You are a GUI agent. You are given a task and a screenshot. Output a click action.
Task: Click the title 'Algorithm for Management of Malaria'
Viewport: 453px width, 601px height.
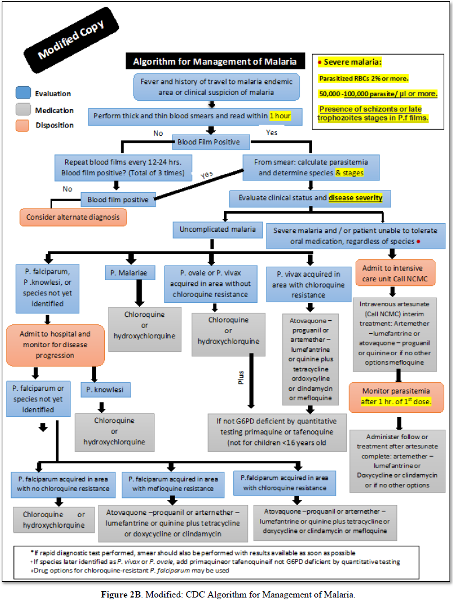(x=215, y=61)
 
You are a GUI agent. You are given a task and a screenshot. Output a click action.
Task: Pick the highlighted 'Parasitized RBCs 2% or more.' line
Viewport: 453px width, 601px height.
(x=363, y=78)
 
